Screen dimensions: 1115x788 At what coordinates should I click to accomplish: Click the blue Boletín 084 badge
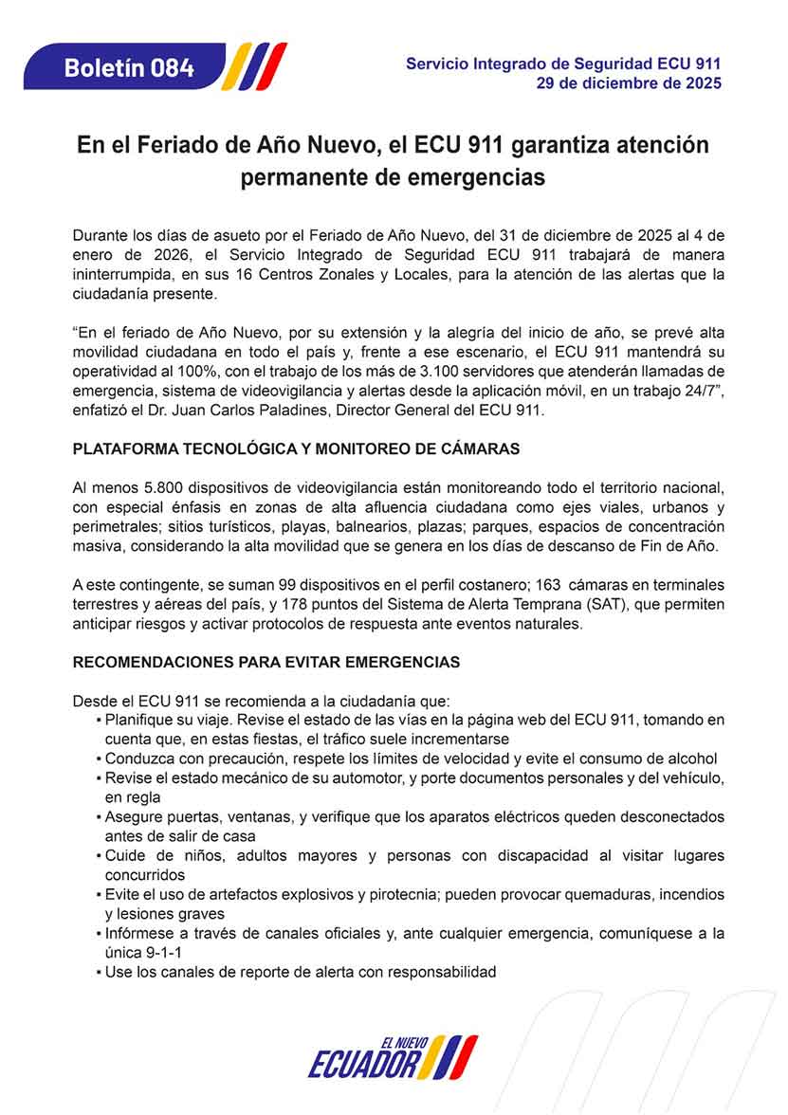(129, 67)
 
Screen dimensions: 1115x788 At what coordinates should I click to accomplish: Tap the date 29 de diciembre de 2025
(629, 83)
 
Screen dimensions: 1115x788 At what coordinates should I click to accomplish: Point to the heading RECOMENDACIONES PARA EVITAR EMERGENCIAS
(266, 662)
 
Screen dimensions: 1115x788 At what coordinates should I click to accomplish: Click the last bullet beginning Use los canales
(300, 972)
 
